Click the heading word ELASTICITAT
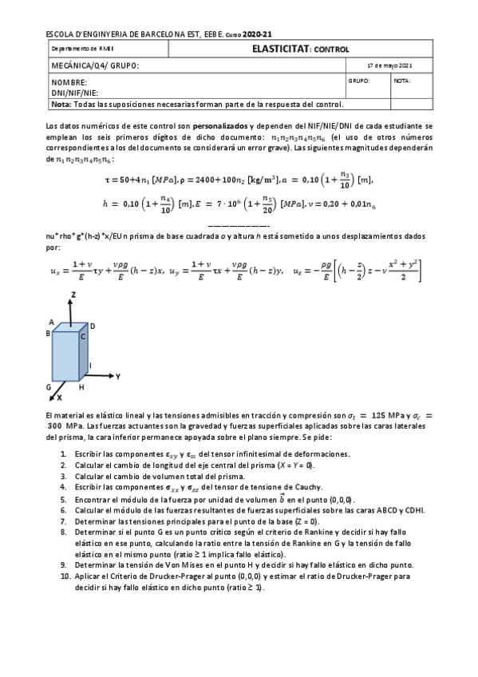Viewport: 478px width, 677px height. point(276,49)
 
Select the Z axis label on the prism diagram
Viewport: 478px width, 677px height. point(73,295)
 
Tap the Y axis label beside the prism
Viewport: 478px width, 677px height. point(117,374)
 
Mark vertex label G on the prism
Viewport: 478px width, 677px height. point(49,386)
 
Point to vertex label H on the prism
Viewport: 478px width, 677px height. point(81,386)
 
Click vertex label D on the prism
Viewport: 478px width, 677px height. point(93,326)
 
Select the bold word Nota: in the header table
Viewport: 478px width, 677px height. point(61,104)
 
